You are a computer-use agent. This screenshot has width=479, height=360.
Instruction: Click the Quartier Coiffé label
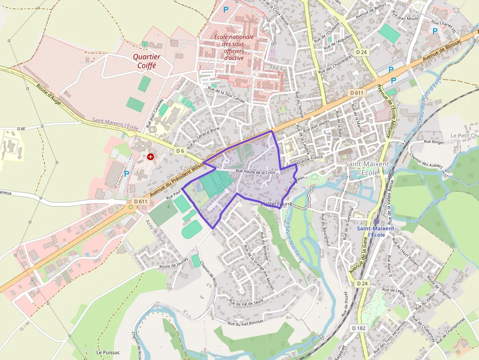pyautogui.click(x=147, y=61)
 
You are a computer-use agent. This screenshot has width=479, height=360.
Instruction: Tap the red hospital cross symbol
pyautogui.click(x=150, y=157)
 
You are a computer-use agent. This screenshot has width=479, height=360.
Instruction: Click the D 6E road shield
pyautogui.click(x=21, y=128)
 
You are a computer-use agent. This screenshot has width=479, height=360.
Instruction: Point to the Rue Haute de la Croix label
pyautogui.click(x=256, y=172)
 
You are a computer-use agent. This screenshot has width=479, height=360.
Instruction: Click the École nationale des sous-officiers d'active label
pyautogui.click(x=234, y=47)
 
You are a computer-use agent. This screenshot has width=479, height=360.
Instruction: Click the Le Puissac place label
pyautogui.click(x=105, y=352)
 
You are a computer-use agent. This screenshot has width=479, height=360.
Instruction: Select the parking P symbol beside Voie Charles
pyautogui.click(x=435, y=31)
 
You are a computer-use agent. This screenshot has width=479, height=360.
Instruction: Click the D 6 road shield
pyautogui.click(x=180, y=151)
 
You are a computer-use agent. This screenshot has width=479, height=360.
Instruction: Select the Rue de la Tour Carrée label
pyautogui.click(x=226, y=94)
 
